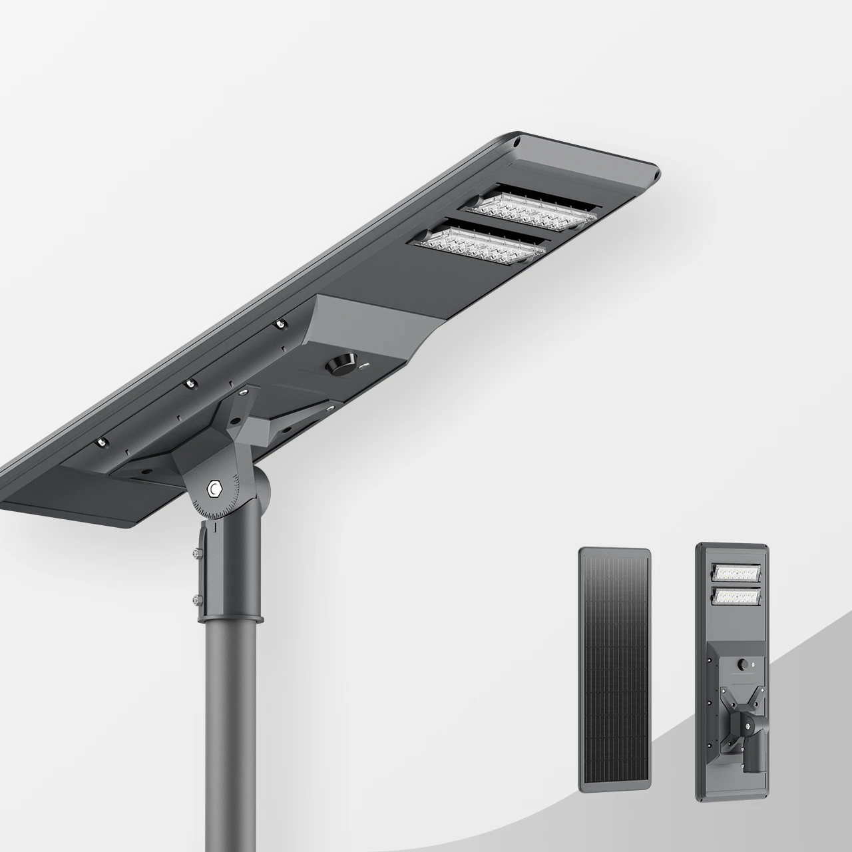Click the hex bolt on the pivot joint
tap(214, 489)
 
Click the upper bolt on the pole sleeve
tap(197, 552)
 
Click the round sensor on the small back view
tap(742, 664)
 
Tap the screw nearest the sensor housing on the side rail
tap(280, 324)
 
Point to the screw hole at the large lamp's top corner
tap(516, 142)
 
